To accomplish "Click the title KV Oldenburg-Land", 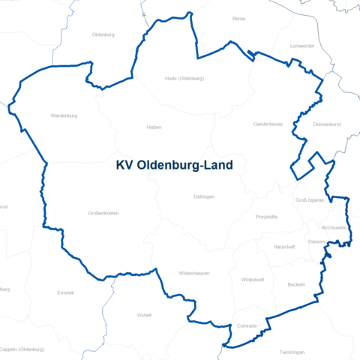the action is [x=174, y=165].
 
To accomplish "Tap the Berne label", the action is [x=239, y=18].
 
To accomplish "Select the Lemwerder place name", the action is [x=303, y=46].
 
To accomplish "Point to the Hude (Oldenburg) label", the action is [x=184, y=78].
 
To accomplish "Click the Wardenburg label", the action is [x=64, y=116].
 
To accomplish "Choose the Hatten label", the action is [x=154, y=127].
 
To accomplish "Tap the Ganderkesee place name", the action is [x=268, y=124].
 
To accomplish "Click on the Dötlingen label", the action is [x=204, y=196].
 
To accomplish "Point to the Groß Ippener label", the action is [x=310, y=200].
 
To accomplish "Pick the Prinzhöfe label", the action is [x=267, y=217].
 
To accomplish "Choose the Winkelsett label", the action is [x=253, y=279].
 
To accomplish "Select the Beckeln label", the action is [x=296, y=285].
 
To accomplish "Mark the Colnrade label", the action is [x=247, y=326].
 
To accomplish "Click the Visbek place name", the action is [x=144, y=315].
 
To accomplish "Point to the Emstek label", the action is [x=66, y=292].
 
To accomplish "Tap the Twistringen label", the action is [x=292, y=352].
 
